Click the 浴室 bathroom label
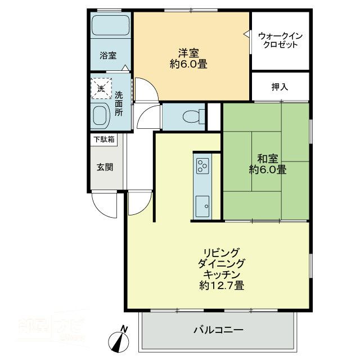pyautogui.click(x=108, y=55)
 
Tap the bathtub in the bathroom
pyautogui.click(x=110, y=26)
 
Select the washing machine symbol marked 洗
pyautogui.click(x=101, y=88)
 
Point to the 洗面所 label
pyautogui.click(x=119, y=100)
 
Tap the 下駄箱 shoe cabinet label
pyautogui.click(x=103, y=139)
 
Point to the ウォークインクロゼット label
pyautogui.click(x=280, y=40)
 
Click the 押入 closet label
pyautogui.click(x=280, y=87)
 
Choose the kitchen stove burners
pyautogui.click(x=202, y=165)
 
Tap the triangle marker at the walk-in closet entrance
pyautogui.click(x=246, y=35)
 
